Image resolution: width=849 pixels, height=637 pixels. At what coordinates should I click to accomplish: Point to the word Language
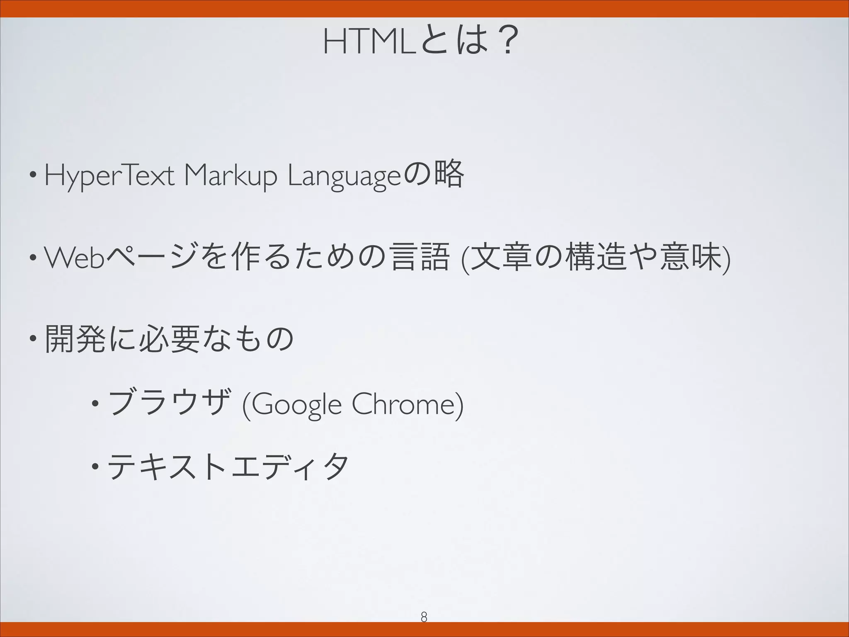(x=344, y=177)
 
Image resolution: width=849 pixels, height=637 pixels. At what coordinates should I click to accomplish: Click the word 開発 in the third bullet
(x=75, y=339)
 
